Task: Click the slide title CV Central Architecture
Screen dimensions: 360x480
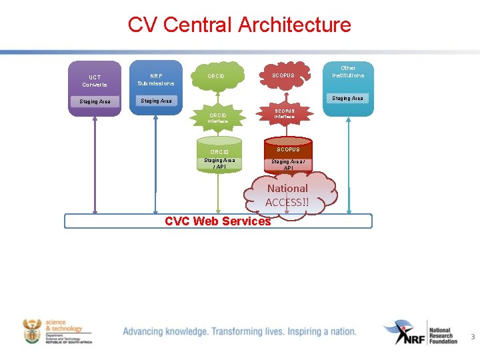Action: tap(239, 25)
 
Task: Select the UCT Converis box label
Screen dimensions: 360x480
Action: tap(95, 81)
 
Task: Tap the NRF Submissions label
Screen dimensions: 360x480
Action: tap(156, 79)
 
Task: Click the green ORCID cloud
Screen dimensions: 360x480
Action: tap(217, 76)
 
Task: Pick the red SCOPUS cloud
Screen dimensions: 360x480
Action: tap(283, 75)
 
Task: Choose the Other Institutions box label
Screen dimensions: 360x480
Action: tap(348, 71)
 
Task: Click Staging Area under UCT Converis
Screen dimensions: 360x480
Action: tap(95, 101)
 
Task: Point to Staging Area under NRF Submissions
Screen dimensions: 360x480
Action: tap(156, 101)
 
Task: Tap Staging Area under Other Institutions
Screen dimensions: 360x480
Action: tap(348, 98)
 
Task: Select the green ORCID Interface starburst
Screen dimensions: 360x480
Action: tap(217, 118)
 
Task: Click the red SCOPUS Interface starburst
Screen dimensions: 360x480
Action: tap(284, 113)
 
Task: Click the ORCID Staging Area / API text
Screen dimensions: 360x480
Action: tap(219, 163)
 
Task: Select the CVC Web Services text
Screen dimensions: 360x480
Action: tap(217, 221)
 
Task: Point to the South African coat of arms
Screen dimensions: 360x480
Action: tap(31, 331)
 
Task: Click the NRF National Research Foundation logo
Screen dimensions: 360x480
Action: tap(420, 331)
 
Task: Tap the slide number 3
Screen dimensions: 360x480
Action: tap(473, 337)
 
